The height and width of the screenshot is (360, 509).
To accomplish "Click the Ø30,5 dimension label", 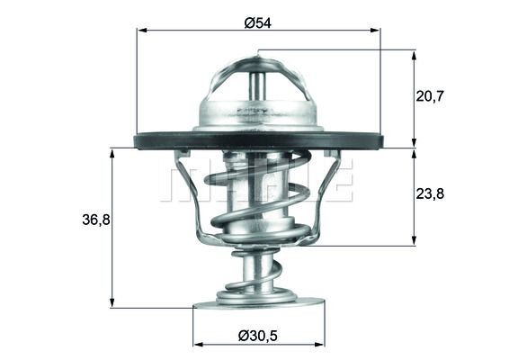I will click(258, 335).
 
